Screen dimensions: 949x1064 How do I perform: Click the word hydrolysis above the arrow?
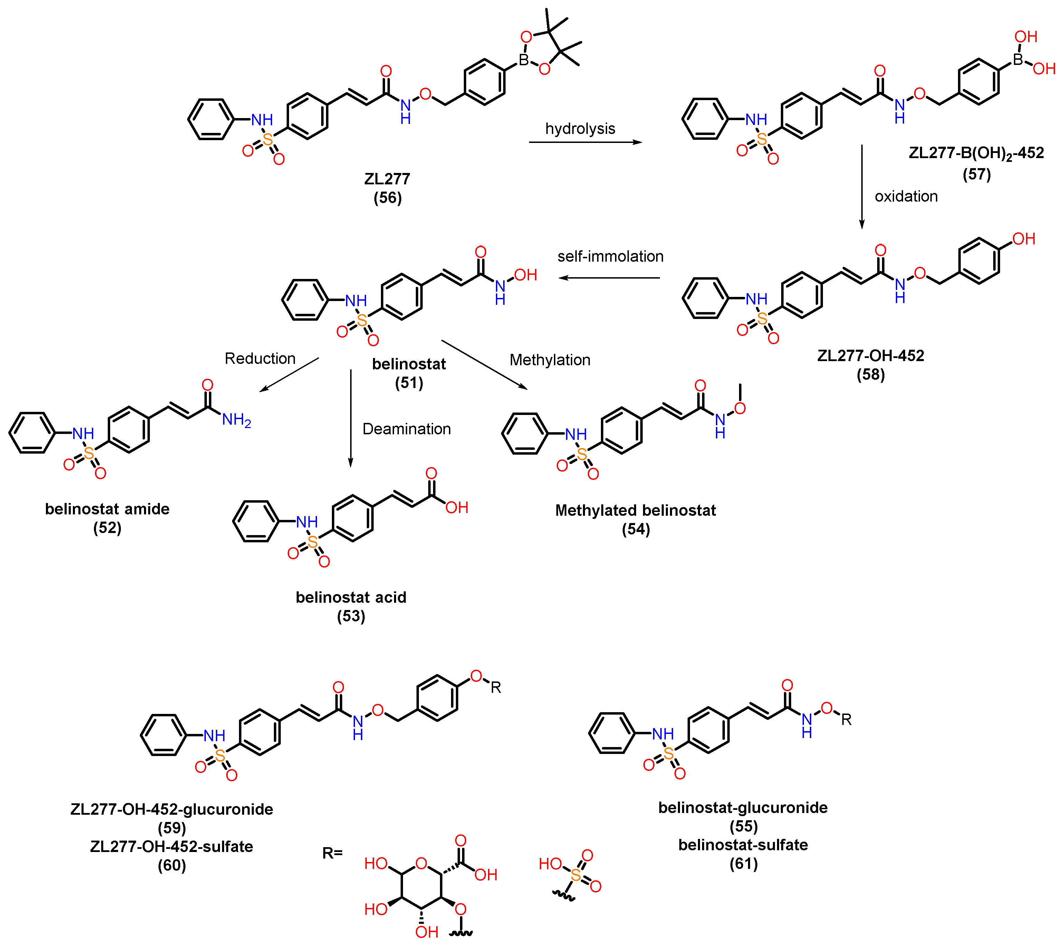pyautogui.click(x=580, y=128)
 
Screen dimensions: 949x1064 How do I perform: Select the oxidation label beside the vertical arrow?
pyautogui.click(x=906, y=196)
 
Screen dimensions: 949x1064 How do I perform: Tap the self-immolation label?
pyautogui.click(x=610, y=256)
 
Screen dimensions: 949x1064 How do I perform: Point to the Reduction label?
pyautogui.click(x=260, y=359)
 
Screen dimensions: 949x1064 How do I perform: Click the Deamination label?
pyautogui.click(x=406, y=429)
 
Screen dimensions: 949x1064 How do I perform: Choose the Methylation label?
pyautogui.click(x=550, y=360)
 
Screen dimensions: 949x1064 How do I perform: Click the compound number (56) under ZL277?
pyautogui.click(x=387, y=198)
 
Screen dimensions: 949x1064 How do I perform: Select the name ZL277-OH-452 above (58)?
pyautogui.click(x=871, y=356)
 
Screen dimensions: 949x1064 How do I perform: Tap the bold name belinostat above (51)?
pyautogui.click(x=409, y=364)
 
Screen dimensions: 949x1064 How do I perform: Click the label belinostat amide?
pyautogui.click(x=107, y=509)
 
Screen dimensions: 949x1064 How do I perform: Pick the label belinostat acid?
pyautogui.click(x=351, y=598)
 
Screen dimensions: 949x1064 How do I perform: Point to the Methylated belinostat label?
pyautogui.click(x=635, y=511)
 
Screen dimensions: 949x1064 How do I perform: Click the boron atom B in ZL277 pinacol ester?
pyautogui.click(x=524, y=60)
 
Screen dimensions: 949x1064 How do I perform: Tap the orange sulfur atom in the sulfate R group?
pyautogui.click(x=576, y=875)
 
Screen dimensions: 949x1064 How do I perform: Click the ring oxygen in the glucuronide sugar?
pyautogui.click(x=421, y=864)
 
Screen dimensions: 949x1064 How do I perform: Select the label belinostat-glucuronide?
pyautogui.click(x=743, y=808)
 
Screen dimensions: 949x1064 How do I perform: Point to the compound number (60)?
pyautogui.click(x=172, y=865)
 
